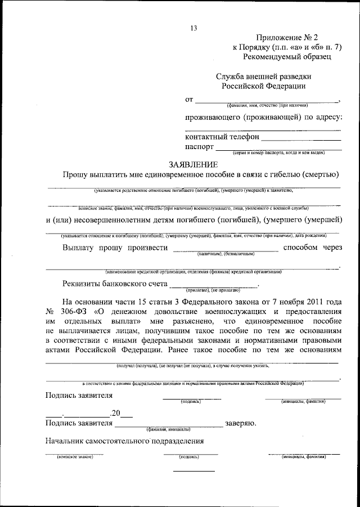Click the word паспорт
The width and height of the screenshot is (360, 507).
coord(199,146)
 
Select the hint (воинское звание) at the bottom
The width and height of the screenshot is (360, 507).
coord(70,457)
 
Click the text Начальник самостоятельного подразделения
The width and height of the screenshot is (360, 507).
coord(124,441)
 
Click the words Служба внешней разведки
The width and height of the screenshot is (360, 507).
coord(263,76)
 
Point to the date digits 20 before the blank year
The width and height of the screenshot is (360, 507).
coord(115,413)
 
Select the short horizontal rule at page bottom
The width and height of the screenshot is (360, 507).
coord(193,471)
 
